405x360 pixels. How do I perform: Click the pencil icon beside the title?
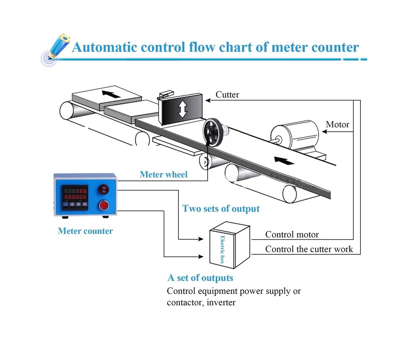[x=57, y=47]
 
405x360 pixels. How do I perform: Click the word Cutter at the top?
[x=227, y=95]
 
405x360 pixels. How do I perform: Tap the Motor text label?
[x=337, y=125]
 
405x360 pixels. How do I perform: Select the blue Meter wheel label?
[x=164, y=174]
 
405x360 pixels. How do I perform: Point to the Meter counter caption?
[x=85, y=231]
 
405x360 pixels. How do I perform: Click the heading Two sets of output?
[x=221, y=208]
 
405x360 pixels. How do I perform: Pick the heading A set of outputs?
[x=200, y=278]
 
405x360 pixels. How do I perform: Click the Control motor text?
[x=292, y=234]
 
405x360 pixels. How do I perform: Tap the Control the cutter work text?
[x=309, y=249]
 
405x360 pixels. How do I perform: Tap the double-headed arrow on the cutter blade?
[x=182, y=109]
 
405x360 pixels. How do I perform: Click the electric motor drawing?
[x=295, y=136]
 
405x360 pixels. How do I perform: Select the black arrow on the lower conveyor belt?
[x=282, y=161]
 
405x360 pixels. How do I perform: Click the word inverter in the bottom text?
[x=221, y=303]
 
